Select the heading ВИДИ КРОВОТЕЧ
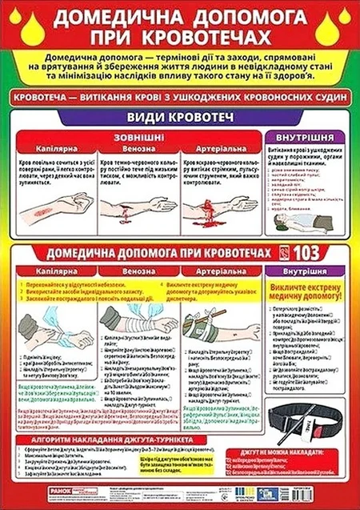178,120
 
